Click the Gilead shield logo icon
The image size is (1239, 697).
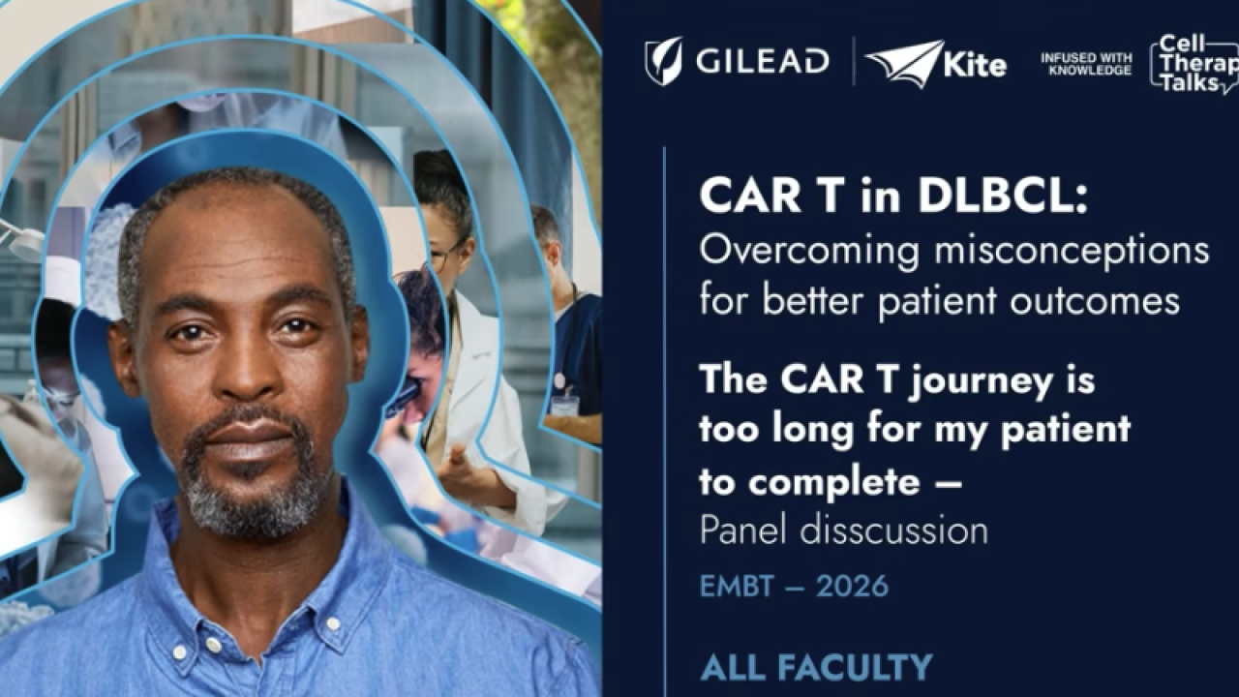tap(663, 61)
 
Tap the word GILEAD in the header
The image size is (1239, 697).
tap(763, 62)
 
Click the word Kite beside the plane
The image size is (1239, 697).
tap(977, 66)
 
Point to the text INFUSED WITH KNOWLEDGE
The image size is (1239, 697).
tap(1086, 64)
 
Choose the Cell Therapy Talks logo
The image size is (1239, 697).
tap(1194, 64)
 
